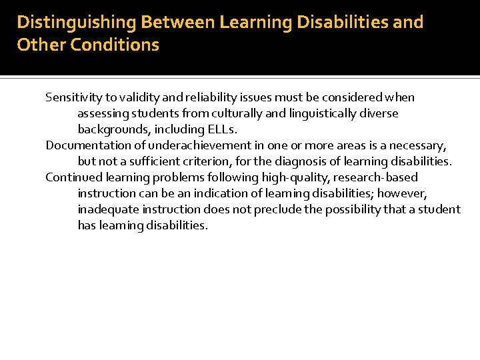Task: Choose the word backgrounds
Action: tap(111, 129)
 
